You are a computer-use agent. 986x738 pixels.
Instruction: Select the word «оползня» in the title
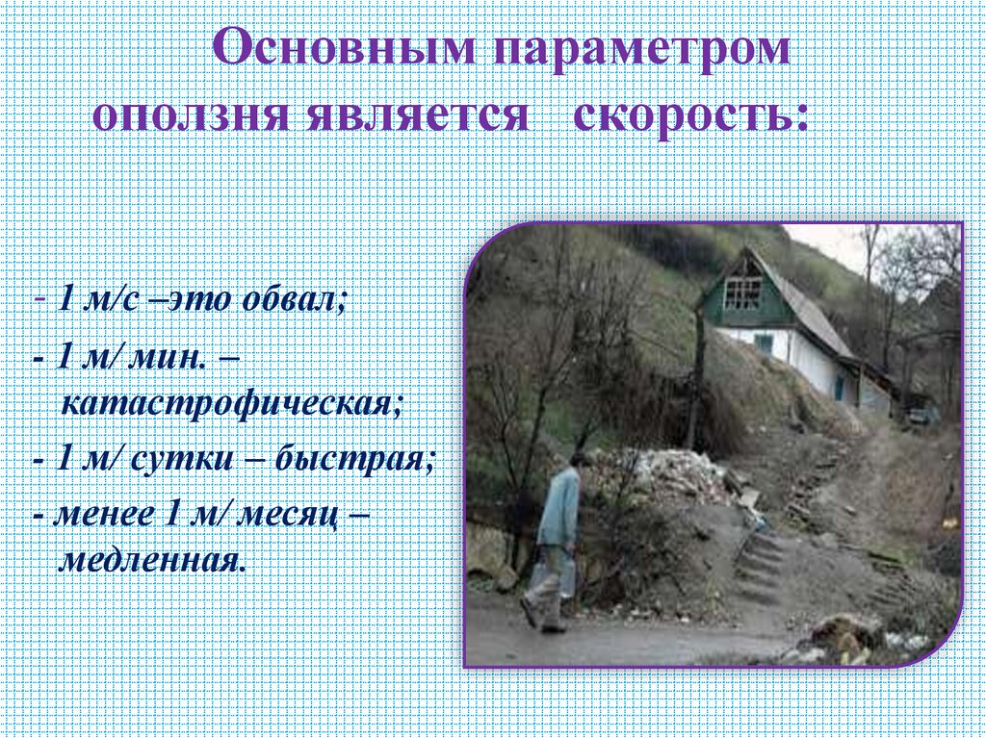point(190,116)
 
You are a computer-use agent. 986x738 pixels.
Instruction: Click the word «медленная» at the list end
point(152,559)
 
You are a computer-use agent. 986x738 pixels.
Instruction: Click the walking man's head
point(578,459)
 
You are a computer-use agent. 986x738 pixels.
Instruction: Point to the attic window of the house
point(742,292)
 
